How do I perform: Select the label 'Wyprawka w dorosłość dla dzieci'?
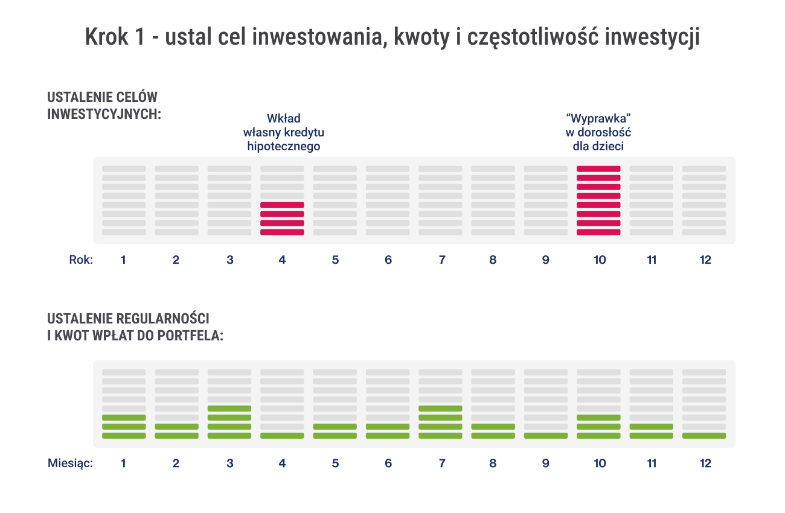(598, 132)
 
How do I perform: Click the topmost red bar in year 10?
(598, 169)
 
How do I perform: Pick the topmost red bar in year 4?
(282, 205)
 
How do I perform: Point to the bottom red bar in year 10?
(598, 232)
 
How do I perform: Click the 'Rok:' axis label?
(80, 260)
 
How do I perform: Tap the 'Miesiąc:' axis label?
(70, 464)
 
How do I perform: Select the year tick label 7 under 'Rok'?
(442, 260)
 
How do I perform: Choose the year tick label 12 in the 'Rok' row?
(705, 260)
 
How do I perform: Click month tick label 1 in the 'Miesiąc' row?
(123, 464)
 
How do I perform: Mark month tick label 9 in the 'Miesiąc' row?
(546, 464)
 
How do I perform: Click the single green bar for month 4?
(282, 436)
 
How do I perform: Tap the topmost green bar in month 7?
(440, 409)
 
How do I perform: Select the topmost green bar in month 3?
(229, 409)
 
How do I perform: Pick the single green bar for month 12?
(704, 436)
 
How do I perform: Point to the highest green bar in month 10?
(598, 418)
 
